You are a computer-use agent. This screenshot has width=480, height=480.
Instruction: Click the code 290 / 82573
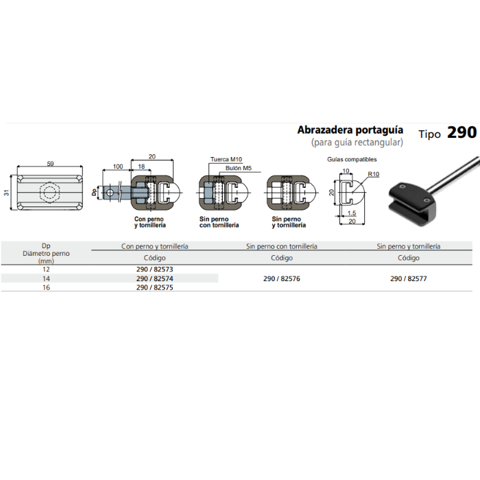(154, 269)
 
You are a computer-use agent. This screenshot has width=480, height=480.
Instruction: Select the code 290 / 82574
(154, 278)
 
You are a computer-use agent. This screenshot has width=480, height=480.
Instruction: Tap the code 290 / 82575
(154, 287)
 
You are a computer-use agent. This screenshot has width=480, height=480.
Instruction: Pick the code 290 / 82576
(282, 278)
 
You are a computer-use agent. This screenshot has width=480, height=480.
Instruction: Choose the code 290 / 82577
(409, 278)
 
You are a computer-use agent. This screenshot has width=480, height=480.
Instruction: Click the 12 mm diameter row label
(46, 269)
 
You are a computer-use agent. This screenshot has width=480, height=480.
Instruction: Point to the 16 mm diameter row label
(46, 287)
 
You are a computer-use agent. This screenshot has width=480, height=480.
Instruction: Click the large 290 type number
(461, 132)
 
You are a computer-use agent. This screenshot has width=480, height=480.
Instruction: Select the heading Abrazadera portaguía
(350, 130)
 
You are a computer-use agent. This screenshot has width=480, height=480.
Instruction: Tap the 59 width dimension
(50, 163)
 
